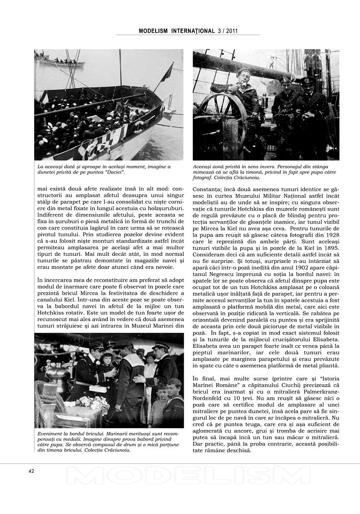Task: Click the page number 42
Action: click(31, 471)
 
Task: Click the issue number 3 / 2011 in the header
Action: click(228, 31)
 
